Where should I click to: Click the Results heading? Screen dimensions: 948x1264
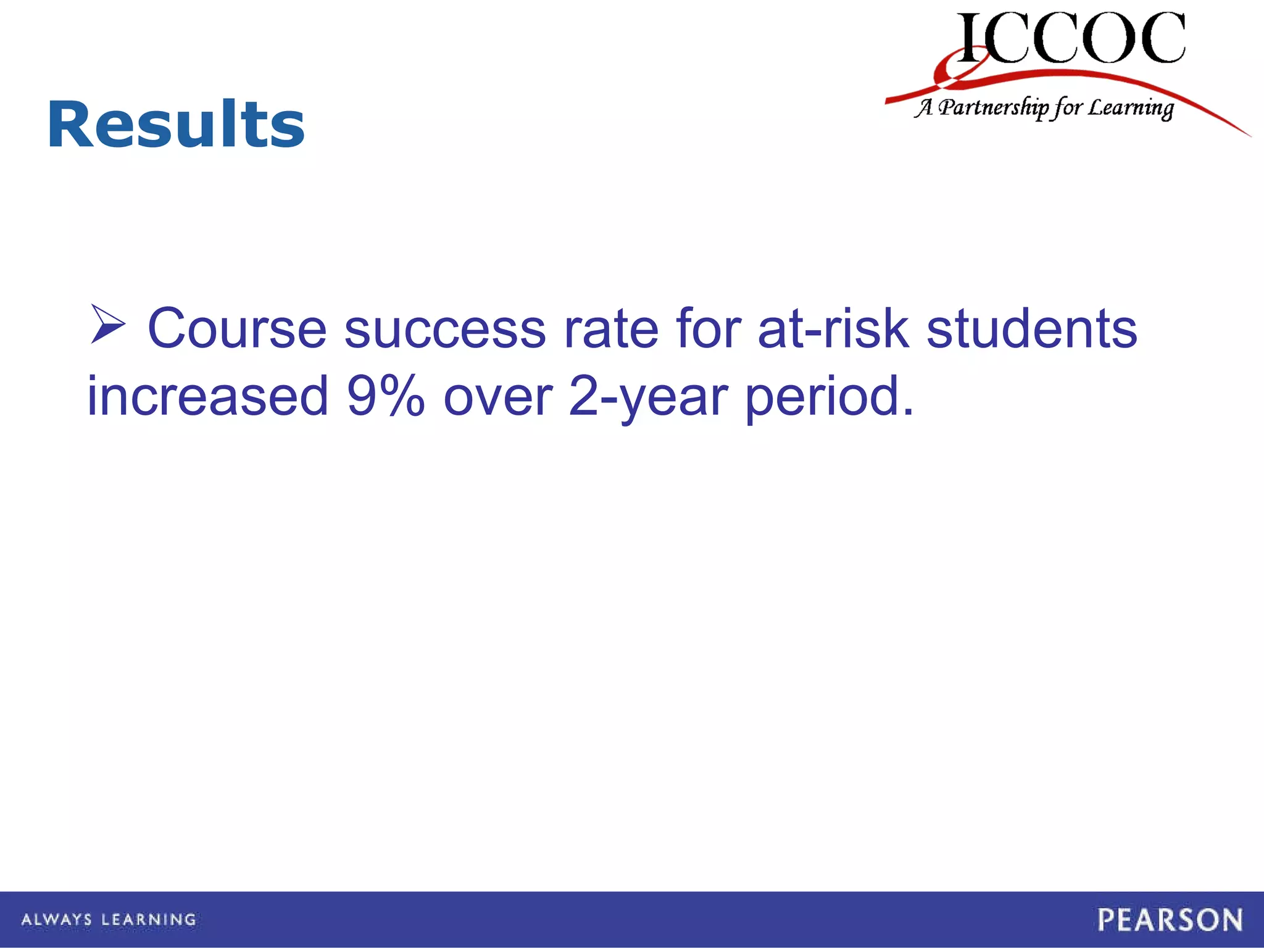[176, 125]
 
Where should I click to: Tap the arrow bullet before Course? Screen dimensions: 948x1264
[107, 325]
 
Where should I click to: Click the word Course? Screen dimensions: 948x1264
[237, 329]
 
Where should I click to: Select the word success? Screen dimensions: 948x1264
[445, 329]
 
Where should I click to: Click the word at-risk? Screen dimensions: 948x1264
[833, 329]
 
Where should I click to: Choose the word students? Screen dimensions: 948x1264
[1031, 329]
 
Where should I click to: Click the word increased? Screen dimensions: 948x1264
[208, 396]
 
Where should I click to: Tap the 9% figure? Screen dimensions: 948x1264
[386, 396]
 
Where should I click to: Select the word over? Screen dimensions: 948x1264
[497, 396]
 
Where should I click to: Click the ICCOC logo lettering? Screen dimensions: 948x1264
[1071, 38]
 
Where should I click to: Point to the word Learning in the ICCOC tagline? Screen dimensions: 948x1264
[1130, 108]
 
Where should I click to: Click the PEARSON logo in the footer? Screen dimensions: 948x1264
[1170, 920]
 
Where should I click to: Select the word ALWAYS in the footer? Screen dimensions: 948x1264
[57, 920]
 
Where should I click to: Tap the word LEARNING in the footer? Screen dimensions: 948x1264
[149, 920]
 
